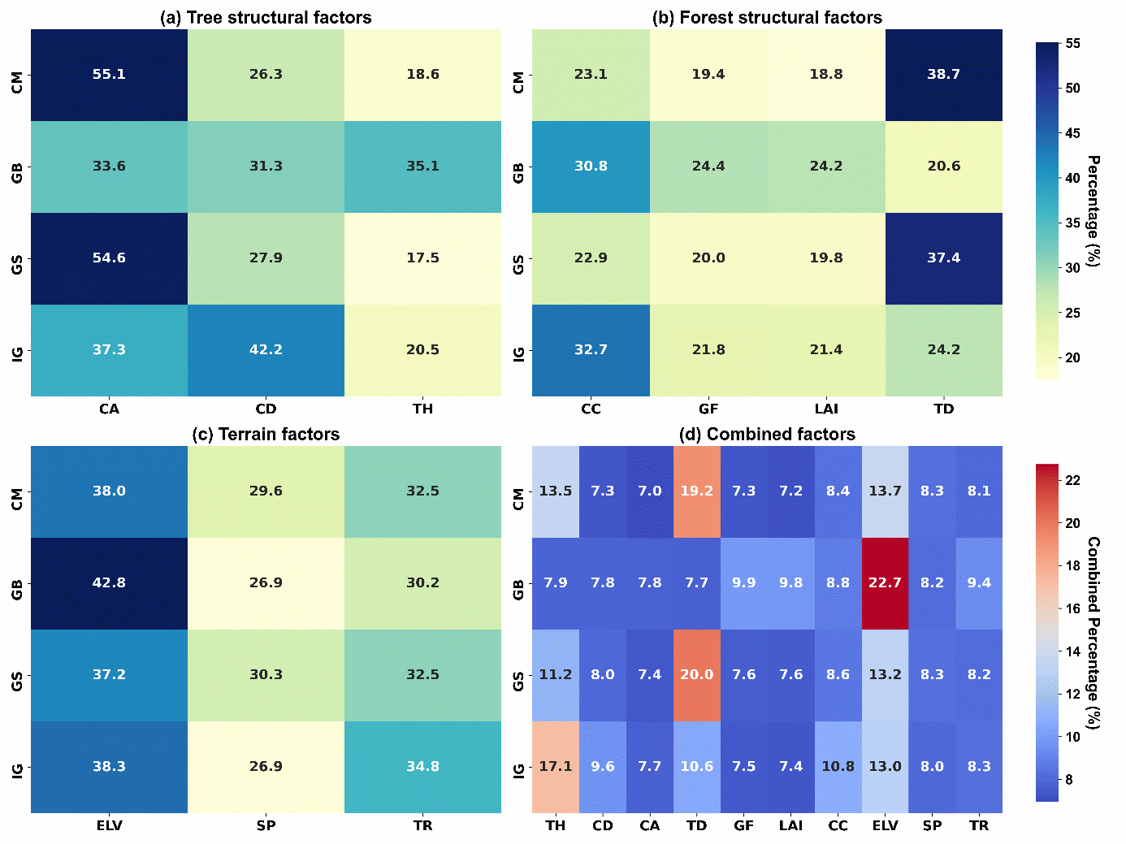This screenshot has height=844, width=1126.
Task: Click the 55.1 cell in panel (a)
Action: [x=109, y=75]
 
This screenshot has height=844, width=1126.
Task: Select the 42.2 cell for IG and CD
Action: [x=266, y=350]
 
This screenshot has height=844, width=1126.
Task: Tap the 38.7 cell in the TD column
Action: [x=943, y=75]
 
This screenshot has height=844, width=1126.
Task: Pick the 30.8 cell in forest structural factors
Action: [x=591, y=167]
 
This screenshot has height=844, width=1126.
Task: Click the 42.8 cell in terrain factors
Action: [x=109, y=583]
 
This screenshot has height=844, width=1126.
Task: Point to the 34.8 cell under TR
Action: [x=422, y=767]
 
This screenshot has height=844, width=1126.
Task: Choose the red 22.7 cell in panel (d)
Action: [x=885, y=583]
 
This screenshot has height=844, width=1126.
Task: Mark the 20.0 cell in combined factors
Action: [x=696, y=675]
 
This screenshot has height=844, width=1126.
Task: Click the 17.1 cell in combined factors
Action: [x=556, y=767]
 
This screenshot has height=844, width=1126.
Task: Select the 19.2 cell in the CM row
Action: [x=696, y=491]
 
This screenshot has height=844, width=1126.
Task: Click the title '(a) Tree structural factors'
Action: [x=266, y=18]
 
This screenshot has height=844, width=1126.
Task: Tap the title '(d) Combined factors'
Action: [x=767, y=435]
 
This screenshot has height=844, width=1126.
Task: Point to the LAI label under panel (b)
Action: [x=826, y=409]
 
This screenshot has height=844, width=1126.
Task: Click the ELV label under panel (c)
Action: [x=109, y=825]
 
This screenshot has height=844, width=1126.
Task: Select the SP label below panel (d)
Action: [x=932, y=825]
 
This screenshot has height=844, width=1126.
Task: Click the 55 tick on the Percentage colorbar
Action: [x=1073, y=44]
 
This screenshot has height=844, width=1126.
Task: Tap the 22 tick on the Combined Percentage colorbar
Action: [x=1073, y=480]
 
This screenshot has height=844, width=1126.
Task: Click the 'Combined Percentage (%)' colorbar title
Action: [x=1094, y=633]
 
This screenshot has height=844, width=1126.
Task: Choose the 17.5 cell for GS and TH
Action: [x=422, y=258]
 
